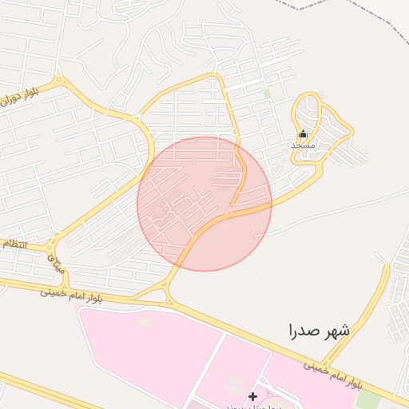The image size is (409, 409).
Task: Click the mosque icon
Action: tap(303, 134)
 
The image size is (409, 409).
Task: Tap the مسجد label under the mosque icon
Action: tap(303, 145)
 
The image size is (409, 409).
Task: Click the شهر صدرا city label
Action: tap(320, 329)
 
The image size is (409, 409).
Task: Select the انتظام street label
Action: tap(14, 243)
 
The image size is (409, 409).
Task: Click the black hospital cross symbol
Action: tap(253, 396)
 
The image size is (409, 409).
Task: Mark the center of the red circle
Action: tap(204, 204)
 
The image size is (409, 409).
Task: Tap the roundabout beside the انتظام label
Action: tap(53, 240)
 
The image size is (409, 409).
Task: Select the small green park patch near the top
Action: tap(267, 94)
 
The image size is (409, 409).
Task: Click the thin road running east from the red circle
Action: tap(336, 208)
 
